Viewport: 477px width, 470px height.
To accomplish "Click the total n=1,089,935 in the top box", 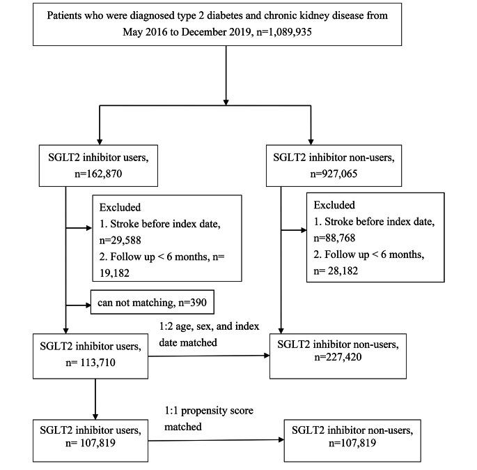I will [322, 32].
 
